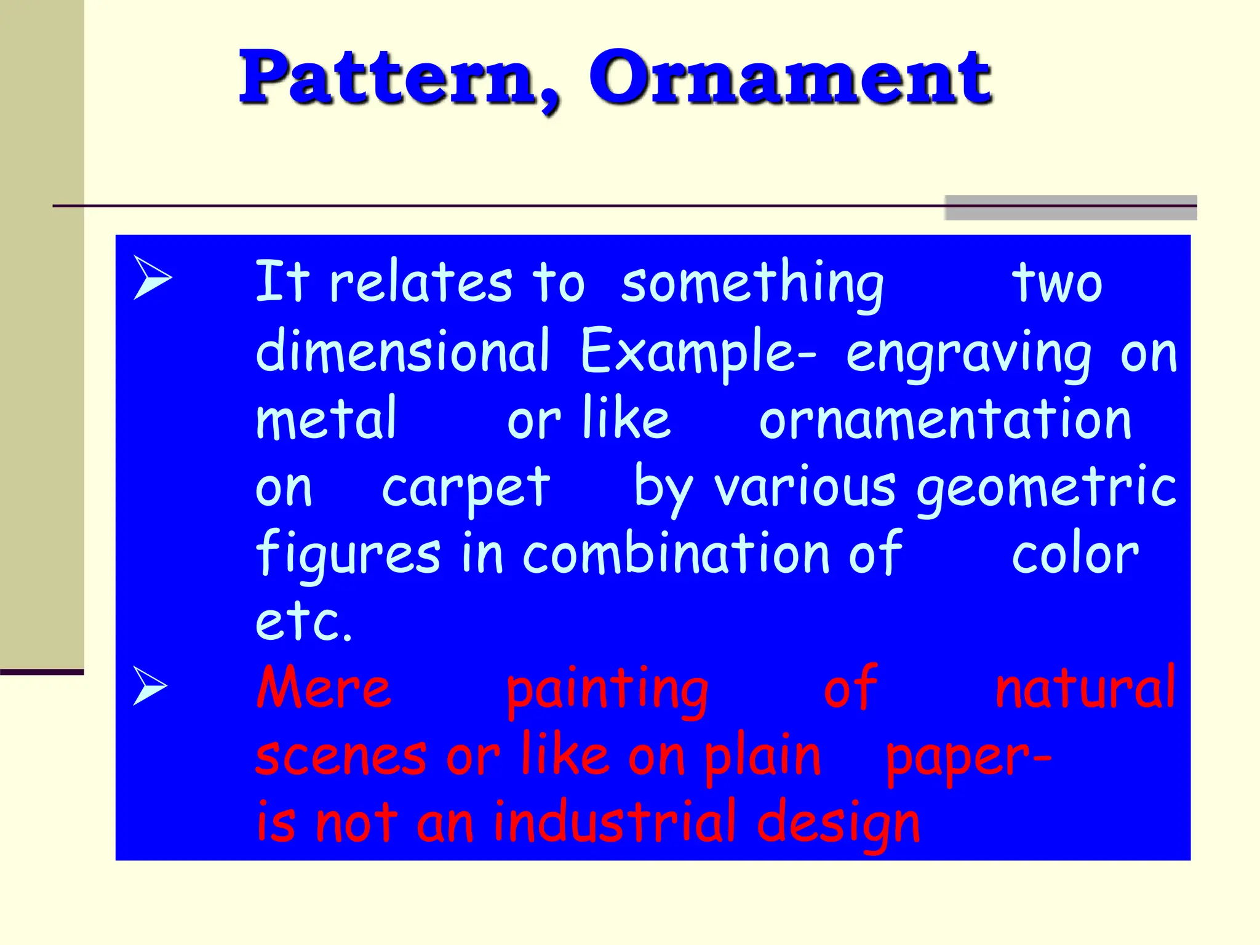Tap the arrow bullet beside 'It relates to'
152,278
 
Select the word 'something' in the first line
752,284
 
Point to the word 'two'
1057,284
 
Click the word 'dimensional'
402,351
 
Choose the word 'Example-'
698,353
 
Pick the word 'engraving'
968,355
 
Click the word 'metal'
326,419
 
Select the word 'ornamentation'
945,420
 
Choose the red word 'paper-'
968,758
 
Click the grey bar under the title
1071,208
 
